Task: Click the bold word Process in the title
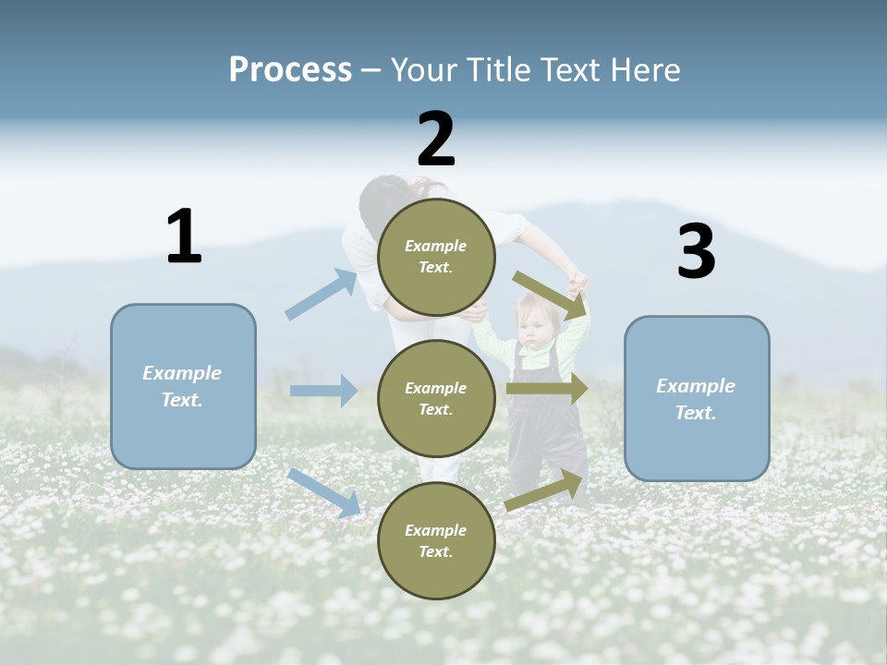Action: pyautogui.click(x=290, y=69)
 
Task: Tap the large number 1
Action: pyautogui.click(x=184, y=236)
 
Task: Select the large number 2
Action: pyautogui.click(x=436, y=139)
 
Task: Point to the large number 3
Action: pyautogui.click(x=696, y=252)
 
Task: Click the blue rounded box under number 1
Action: pyautogui.click(x=183, y=386)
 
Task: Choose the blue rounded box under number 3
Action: pyautogui.click(x=697, y=399)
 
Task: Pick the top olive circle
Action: pyautogui.click(x=436, y=257)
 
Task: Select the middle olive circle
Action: pyautogui.click(x=436, y=399)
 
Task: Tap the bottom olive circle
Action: pyautogui.click(x=436, y=541)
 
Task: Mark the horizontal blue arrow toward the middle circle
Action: pyautogui.click(x=324, y=391)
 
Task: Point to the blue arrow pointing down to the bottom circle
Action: pyautogui.click(x=324, y=491)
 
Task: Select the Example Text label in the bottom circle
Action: pyautogui.click(x=436, y=541)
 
